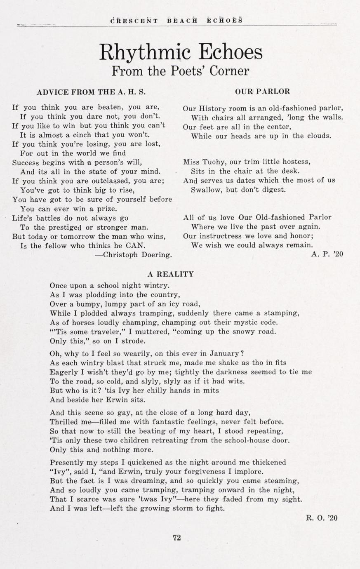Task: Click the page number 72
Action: click(177, 537)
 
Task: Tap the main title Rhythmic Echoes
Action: click(181, 52)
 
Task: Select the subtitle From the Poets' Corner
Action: click(180, 71)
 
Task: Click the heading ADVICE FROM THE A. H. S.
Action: click(91, 92)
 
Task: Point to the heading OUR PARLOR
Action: click(262, 91)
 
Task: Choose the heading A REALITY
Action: click(170, 274)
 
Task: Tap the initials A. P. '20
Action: click(327, 255)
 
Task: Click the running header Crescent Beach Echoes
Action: click(176, 20)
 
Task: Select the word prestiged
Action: click(65, 227)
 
